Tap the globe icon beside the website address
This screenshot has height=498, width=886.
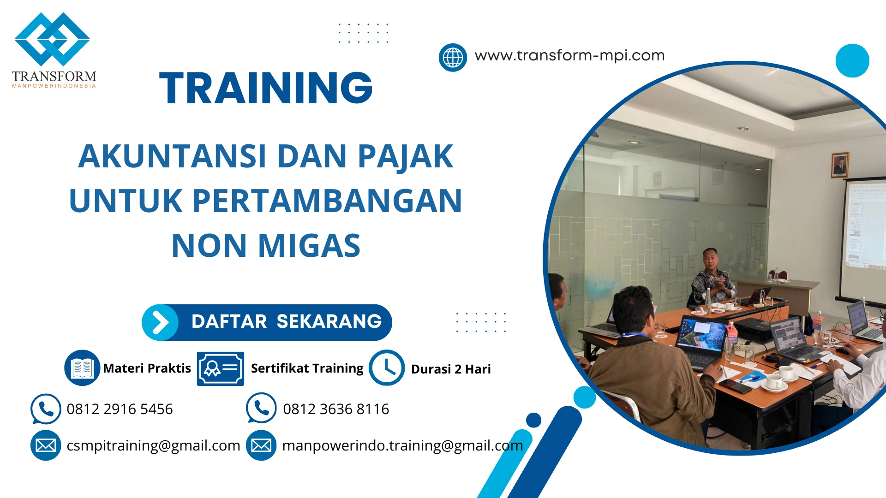453,58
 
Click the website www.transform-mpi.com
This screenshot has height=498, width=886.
569,55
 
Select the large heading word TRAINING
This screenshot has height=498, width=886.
266,88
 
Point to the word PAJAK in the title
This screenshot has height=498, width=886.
405,156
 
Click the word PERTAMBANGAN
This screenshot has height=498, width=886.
327,201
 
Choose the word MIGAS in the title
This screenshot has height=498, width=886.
309,245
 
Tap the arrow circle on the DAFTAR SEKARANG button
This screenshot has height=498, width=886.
160,322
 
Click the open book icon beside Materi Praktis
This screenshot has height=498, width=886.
82,368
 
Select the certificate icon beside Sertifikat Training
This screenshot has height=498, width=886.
220,368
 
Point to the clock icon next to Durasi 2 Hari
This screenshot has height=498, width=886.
386,368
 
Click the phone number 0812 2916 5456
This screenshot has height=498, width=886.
120,409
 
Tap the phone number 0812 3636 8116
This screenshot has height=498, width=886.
336,409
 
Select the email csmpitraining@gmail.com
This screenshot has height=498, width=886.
153,445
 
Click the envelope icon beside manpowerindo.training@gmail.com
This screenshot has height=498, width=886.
261,445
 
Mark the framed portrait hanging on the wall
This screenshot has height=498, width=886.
840,165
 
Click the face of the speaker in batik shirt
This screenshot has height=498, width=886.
710,259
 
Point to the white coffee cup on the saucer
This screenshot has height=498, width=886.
775,381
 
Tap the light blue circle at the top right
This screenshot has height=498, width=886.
852,60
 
